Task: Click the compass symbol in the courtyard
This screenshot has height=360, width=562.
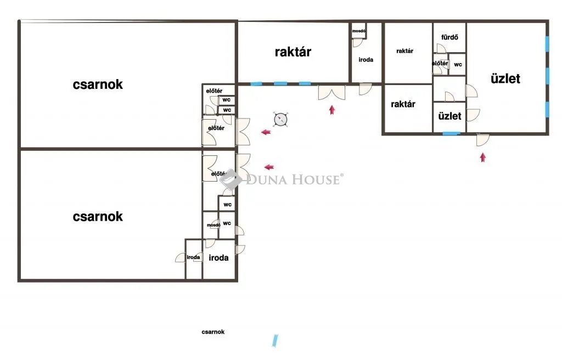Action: point(280,120)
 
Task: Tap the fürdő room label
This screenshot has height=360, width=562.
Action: point(449,37)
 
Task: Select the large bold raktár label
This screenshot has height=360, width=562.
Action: point(293,52)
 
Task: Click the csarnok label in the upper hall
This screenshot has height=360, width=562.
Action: point(98,85)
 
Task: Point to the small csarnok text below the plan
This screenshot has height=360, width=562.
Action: point(213,332)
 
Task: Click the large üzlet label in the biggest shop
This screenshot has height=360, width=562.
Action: point(505,78)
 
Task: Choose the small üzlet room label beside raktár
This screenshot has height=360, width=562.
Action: point(449,116)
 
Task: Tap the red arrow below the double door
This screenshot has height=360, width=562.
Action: point(332,110)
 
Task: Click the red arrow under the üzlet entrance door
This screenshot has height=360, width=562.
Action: point(483,157)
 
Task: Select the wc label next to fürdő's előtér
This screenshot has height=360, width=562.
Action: point(458,65)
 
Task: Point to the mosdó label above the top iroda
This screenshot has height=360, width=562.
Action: point(358,31)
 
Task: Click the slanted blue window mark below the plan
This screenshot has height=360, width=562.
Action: point(275,341)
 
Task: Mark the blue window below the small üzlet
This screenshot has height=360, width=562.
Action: point(451,134)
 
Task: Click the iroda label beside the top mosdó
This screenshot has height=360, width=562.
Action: point(366,60)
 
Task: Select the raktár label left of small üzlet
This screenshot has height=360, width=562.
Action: point(403,104)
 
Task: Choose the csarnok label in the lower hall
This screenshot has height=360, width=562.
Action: point(98,217)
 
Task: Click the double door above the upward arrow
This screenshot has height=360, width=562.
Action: point(332,93)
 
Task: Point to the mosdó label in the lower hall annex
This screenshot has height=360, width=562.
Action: point(213,225)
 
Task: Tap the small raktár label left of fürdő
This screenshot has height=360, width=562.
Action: point(404,51)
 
